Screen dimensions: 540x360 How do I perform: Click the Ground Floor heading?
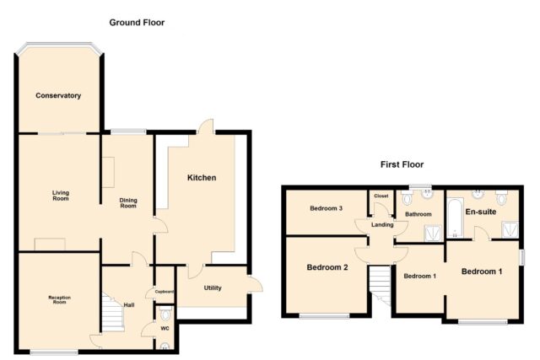(137, 23)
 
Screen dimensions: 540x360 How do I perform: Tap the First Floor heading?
(402, 164)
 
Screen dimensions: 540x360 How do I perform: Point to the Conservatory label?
(58, 95)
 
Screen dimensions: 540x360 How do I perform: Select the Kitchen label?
(202, 178)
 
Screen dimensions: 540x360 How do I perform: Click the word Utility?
(213, 288)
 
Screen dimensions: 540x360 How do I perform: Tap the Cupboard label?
(165, 292)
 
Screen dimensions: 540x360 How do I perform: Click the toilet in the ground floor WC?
(165, 313)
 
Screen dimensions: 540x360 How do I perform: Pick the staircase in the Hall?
(112, 313)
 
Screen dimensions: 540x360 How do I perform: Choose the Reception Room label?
(60, 300)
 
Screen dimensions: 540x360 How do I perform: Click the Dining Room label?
(128, 203)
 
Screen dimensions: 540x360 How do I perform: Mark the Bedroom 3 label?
(327, 208)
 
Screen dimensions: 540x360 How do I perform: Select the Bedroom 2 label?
(327, 267)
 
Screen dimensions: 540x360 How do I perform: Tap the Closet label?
(381, 196)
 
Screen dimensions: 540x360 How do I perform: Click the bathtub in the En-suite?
(456, 218)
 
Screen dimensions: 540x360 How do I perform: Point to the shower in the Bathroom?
(433, 234)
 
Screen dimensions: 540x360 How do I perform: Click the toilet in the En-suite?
(501, 197)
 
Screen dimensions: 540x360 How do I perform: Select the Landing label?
(382, 225)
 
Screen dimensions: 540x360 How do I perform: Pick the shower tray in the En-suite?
(510, 229)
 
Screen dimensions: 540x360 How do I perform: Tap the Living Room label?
(61, 196)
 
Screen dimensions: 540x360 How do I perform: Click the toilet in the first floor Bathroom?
(407, 197)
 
